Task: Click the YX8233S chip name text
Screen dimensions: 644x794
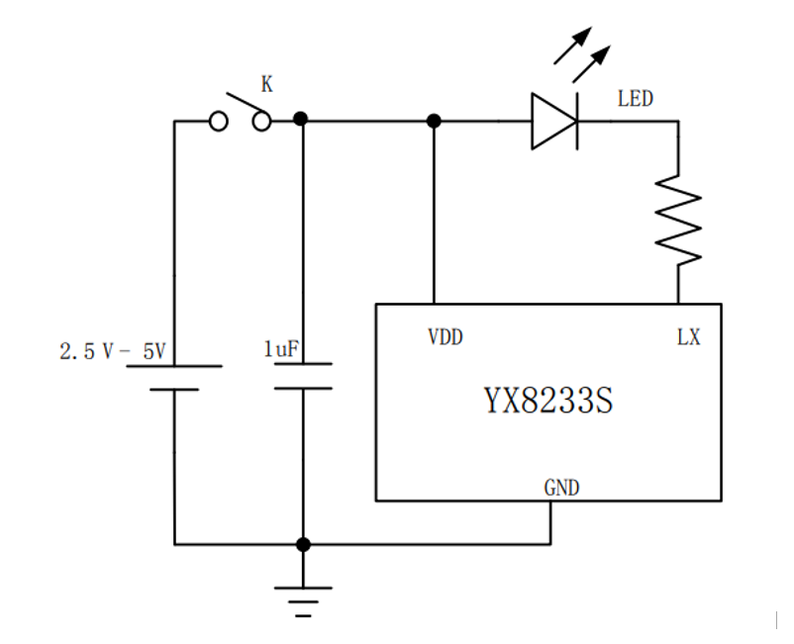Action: coord(547,403)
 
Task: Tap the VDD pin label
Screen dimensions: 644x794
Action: coord(445,337)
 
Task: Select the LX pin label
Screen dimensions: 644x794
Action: coord(688,337)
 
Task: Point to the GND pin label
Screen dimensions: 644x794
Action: coord(561,488)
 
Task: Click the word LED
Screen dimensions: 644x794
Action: coord(635,99)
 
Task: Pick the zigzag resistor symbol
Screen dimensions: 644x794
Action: coord(679,220)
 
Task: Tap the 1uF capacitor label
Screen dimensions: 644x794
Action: coord(280,349)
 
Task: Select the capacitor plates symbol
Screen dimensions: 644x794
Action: coord(303,376)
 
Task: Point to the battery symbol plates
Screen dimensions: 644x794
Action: coord(174,377)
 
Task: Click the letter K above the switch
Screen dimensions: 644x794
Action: coord(266,85)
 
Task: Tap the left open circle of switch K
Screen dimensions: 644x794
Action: coord(219,121)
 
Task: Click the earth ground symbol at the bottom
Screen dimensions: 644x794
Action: coord(303,598)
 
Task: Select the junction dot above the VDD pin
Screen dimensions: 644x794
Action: coord(434,121)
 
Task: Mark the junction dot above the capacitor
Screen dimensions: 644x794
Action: coord(302,120)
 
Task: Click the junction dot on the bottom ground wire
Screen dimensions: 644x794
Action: coord(303,544)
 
